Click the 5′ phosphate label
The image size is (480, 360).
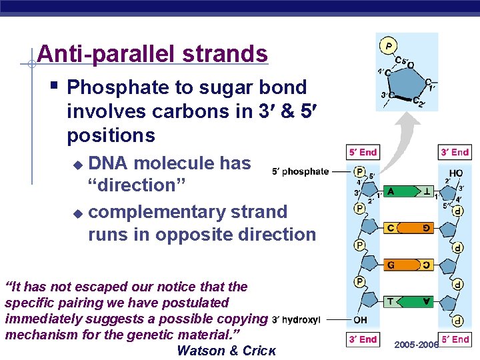click(x=301, y=171)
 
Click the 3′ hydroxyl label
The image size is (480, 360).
click(x=297, y=319)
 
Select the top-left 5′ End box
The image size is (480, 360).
click(x=363, y=153)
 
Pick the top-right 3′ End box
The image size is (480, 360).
click(x=455, y=153)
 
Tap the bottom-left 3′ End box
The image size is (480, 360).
click(x=363, y=339)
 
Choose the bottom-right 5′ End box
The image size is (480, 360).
click(x=455, y=339)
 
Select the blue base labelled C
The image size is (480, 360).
click(x=392, y=228)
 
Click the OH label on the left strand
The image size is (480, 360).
click(x=359, y=319)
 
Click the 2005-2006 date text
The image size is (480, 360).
click(x=416, y=345)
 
